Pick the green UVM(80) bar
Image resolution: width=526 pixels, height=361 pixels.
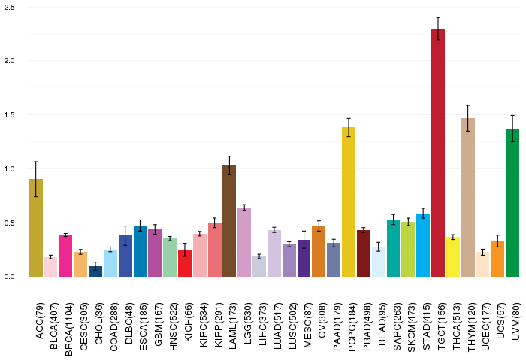(512, 202)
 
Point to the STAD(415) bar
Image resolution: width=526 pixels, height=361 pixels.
(423, 245)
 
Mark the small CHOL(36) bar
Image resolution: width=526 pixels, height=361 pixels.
(95, 272)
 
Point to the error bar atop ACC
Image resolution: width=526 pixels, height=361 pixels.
(36, 179)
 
